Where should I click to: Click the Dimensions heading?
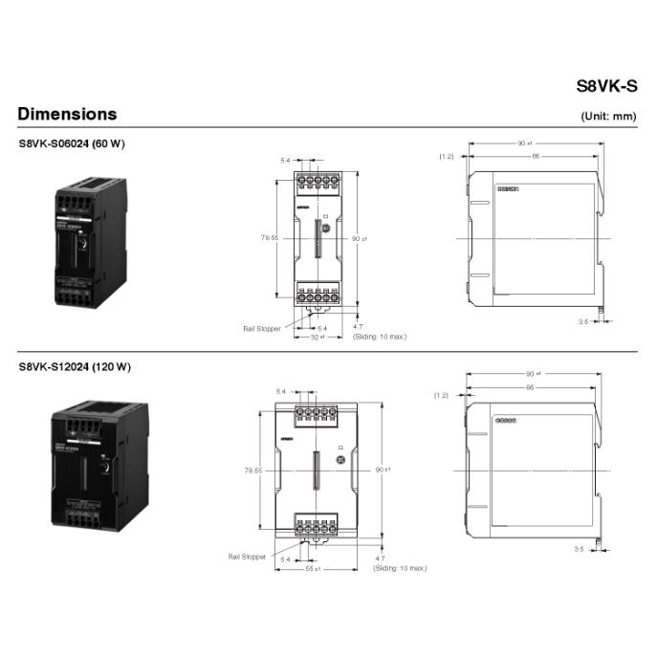67,114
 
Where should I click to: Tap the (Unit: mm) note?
608,117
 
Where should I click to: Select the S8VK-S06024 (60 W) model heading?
72,143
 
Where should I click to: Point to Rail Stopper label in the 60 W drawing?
261,328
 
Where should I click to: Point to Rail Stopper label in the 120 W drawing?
247,556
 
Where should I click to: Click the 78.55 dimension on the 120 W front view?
253,470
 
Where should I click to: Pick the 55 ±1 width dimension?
312,568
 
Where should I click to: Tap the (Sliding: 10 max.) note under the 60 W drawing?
380,337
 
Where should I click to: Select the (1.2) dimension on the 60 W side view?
446,155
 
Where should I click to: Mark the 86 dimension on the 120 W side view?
528,387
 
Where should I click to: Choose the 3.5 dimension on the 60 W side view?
581,322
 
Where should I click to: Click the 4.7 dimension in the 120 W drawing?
380,558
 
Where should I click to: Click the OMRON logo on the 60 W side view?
506,189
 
